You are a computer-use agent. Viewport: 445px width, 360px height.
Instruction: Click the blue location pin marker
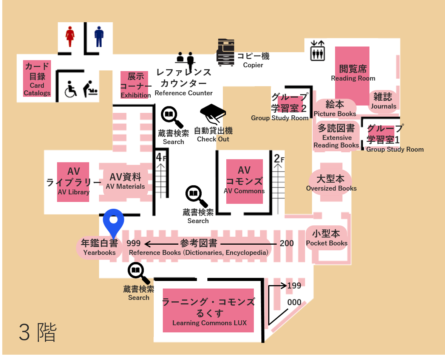[113, 221]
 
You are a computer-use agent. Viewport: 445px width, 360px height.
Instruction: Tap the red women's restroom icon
[70, 36]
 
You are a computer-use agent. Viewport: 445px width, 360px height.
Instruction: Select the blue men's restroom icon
[99, 36]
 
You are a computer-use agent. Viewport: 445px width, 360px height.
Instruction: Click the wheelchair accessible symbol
[71, 89]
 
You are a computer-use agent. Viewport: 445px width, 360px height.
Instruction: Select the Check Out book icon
[213, 114]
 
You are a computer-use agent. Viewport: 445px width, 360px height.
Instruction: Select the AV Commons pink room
[244, 181]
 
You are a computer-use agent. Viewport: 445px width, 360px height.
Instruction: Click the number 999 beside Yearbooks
[134, 244]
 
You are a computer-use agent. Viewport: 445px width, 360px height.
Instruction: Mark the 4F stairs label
[162, 157]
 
